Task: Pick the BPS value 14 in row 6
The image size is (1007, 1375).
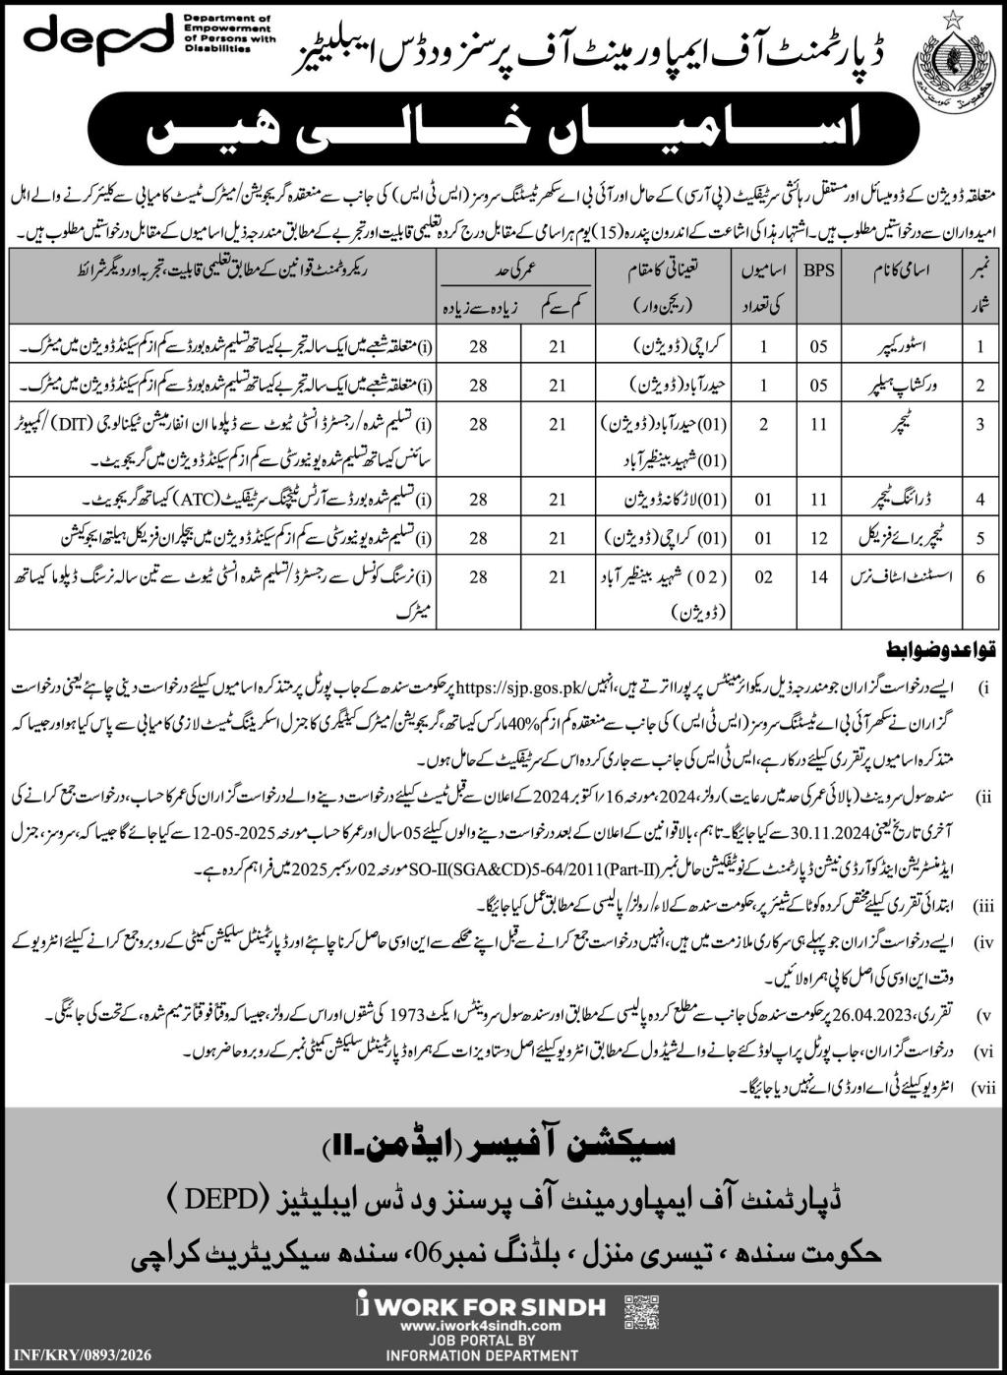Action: (818, 577)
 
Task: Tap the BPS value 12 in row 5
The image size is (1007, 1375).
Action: (818, 538)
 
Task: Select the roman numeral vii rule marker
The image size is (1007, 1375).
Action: (984, 1088)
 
